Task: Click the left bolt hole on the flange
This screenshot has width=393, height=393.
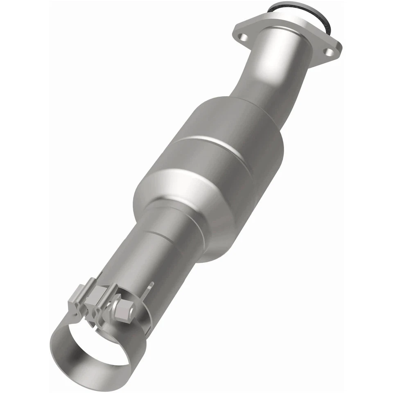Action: (244, 38)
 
